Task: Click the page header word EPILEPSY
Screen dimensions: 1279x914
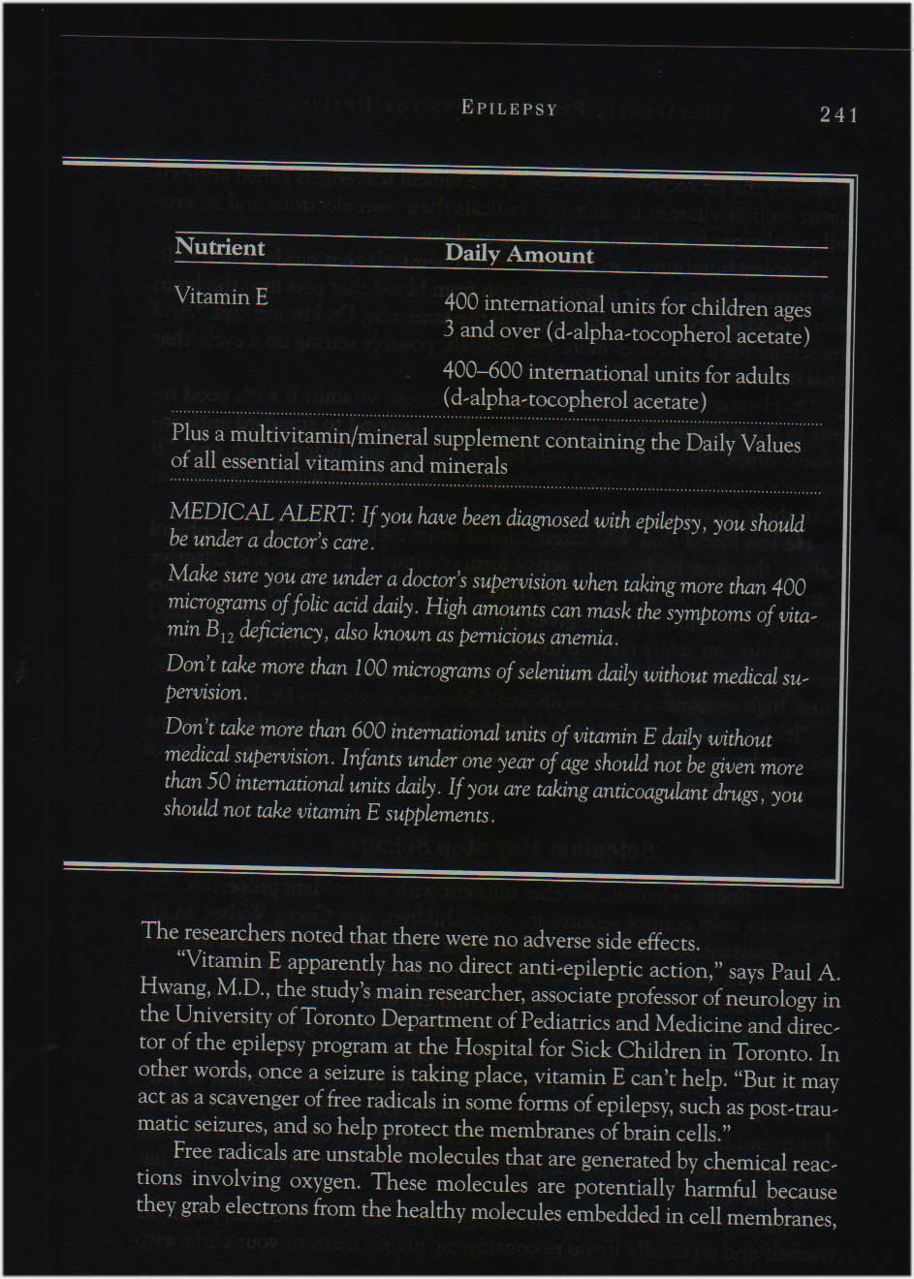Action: [510, 108]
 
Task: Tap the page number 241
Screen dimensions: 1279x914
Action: [839, 114]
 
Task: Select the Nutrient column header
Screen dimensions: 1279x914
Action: [220, 247]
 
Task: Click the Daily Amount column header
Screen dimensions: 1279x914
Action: [520, 254]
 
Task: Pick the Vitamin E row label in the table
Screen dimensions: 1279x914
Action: [221, 296]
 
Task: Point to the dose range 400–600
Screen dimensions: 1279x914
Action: [482, 371]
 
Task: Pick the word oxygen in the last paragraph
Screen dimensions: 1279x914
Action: [320, 1181]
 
